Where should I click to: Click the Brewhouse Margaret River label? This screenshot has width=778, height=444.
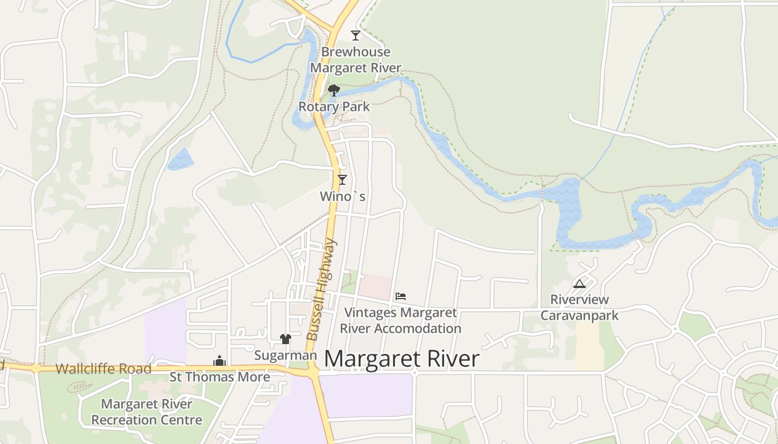click(x=356, y=60)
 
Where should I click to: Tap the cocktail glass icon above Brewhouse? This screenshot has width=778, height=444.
click(x=356, y=36)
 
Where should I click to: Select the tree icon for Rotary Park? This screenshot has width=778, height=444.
click(x=333, y=90)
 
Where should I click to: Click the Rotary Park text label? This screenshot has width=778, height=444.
click(x=334, y=107)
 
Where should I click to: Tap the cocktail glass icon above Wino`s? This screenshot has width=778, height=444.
click(x=342, y=180)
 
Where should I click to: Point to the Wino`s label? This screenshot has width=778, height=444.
click(x=343, y=196)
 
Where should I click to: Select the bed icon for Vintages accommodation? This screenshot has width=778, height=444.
click(x=401, y=296)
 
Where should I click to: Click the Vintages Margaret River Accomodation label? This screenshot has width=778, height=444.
click(x=401, y=321)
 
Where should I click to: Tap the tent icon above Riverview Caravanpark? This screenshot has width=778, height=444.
click(x=580, y=284)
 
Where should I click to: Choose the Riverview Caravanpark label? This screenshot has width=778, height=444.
click(x=580, y=307)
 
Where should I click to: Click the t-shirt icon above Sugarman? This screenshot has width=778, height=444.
click(x=286, y=339)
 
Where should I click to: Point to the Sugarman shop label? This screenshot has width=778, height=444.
click(x=286, y=355)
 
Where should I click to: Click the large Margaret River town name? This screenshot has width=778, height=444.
click(x=401, y=359)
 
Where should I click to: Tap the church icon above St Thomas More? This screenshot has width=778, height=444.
click(x=220, y=361)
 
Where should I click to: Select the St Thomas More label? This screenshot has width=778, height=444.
click(x=220, y=377)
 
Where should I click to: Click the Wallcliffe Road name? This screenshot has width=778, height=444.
click(x=103, y=369)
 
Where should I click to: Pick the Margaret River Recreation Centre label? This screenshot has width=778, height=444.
click(x=147, y=412)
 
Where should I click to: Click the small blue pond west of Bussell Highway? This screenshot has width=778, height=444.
click(x=180, y=159)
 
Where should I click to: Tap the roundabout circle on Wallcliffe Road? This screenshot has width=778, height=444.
click(x=36, y=368)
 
